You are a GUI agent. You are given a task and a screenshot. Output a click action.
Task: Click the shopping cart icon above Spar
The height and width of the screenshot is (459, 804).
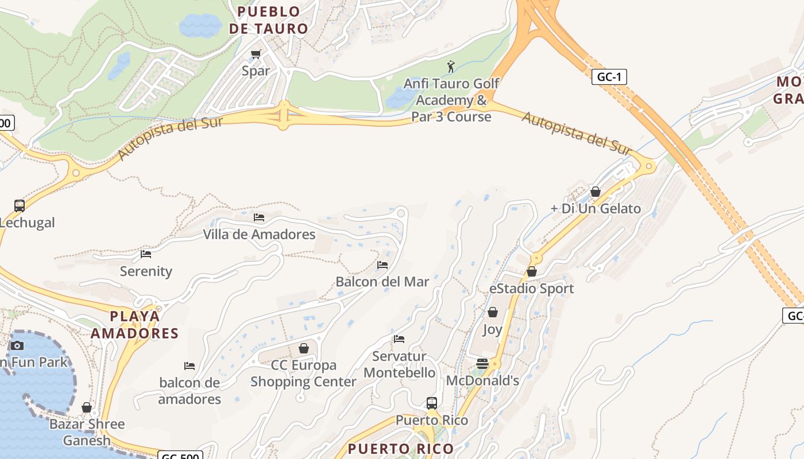pos(256,55)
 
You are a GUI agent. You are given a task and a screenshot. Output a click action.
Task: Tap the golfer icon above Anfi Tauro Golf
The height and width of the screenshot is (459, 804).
pos(451,67)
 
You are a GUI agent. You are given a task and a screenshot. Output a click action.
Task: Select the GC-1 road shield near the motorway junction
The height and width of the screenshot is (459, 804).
pos(609,77)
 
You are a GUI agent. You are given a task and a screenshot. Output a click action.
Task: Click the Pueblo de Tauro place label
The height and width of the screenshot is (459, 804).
pos(268,20)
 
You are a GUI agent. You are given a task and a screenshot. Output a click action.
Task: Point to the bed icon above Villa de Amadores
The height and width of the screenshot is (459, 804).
pos(259,217)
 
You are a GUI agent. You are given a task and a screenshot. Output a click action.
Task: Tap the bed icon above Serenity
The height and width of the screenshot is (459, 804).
pos(146,254)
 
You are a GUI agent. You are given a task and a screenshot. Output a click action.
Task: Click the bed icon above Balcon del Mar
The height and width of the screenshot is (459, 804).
pos(382,265)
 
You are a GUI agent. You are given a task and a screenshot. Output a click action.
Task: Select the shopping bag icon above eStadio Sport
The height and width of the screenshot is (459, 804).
pos(532,271)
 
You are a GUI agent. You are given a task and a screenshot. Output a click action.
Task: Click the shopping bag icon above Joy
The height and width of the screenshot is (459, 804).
pos(492,312)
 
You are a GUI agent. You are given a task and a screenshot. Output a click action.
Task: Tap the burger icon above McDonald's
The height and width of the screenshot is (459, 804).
pos(482,363)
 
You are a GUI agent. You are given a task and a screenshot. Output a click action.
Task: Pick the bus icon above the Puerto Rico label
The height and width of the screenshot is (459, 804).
pos(432,403)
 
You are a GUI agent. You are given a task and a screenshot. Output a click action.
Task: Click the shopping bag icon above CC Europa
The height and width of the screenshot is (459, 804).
pos(304,348)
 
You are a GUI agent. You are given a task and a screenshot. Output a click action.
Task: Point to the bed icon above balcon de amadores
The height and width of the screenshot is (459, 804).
pos(190,365)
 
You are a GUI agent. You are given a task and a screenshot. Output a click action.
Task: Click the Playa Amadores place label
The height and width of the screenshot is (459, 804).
pos(135,324)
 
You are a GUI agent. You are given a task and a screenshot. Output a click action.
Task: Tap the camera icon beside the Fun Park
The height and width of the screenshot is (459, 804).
pos(17,345)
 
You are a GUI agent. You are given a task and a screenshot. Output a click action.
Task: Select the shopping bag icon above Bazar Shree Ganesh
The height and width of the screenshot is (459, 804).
pos(87,407)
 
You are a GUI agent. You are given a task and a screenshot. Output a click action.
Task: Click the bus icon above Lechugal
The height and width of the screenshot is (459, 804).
pos(20,205)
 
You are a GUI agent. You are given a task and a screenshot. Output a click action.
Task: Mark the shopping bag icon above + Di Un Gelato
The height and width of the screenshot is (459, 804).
pos(596,192)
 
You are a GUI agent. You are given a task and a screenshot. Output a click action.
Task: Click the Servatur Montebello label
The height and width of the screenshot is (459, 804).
pos(400,364)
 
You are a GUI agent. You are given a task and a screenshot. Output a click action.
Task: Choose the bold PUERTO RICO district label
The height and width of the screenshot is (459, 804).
pos(401,449)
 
